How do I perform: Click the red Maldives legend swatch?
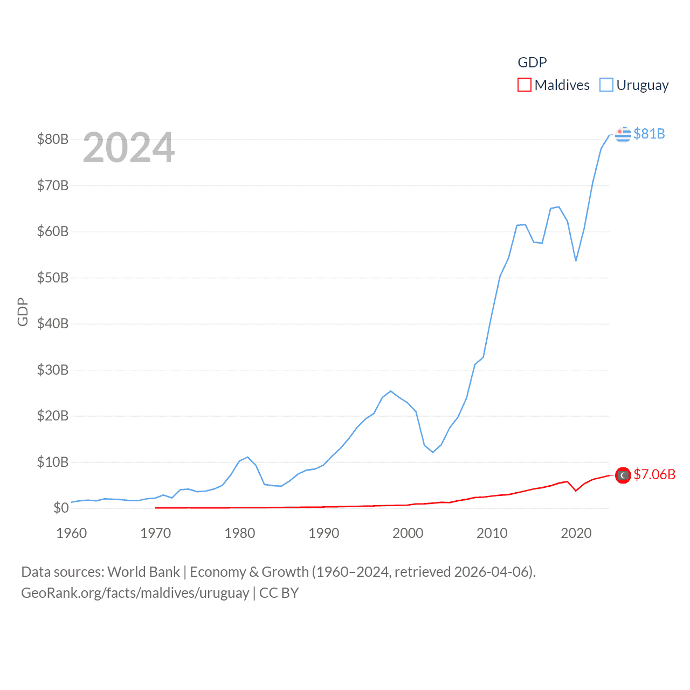click(x=524, y=85)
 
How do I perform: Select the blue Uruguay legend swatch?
click(x=606, y=85)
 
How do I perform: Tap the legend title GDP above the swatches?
click(x=532, y=63)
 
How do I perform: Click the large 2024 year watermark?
click(x=129, y=148)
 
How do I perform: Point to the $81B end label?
click(x=649, y=134)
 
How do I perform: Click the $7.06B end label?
click(x=654, y=474)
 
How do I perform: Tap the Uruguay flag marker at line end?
click(x=623, y=134)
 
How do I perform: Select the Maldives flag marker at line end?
click(x=623, y=475)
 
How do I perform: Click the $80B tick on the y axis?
click(x=53, y=140)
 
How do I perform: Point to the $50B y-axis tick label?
click(x=53, y=278)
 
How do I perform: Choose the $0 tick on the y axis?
click(x=61, y=508)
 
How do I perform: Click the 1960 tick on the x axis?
click(x=72, y=534)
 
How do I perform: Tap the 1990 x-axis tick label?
click(x=324, y=534)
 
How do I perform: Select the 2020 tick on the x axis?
click(x=576, y=534)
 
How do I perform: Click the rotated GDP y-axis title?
click(x=23, y=312)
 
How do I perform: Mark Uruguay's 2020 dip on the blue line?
click(x=576, y=260)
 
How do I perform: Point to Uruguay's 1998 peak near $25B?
click(x=391, y=391)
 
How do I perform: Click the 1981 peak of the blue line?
click(x=248, y=457)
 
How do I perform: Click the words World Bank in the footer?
click(x=144, y=572)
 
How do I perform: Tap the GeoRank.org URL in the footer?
click(x=135, y=593)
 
